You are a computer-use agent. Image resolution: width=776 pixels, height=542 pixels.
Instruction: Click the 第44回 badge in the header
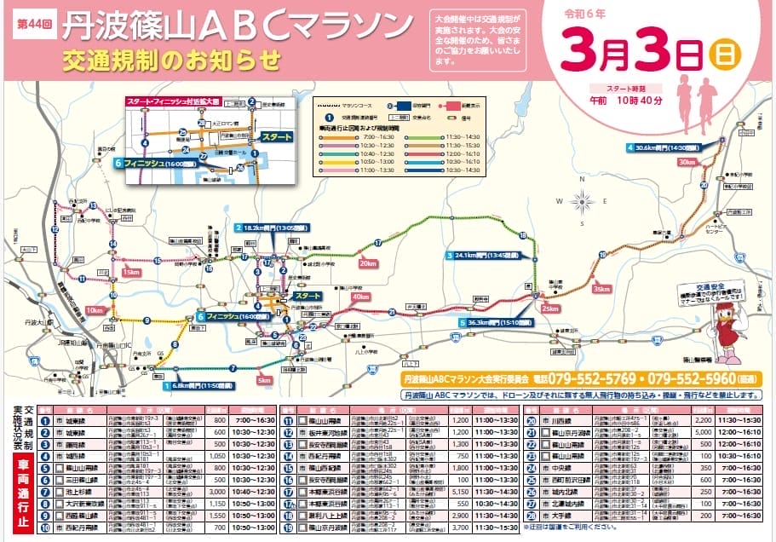(34, 24)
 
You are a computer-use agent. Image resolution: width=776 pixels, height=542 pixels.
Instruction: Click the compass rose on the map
(583, 202)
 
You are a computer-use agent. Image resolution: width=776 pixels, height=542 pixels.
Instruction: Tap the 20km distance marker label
(368, 263)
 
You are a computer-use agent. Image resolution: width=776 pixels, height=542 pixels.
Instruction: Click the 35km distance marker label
(602, 289)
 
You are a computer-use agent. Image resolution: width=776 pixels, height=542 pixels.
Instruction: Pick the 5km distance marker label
(264, 380)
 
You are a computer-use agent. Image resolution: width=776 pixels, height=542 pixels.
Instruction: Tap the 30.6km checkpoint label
(670, 147)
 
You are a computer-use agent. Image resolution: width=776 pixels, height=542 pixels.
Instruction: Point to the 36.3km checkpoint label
(498, 323)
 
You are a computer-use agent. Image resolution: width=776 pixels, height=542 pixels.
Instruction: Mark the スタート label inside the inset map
(276, 136)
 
